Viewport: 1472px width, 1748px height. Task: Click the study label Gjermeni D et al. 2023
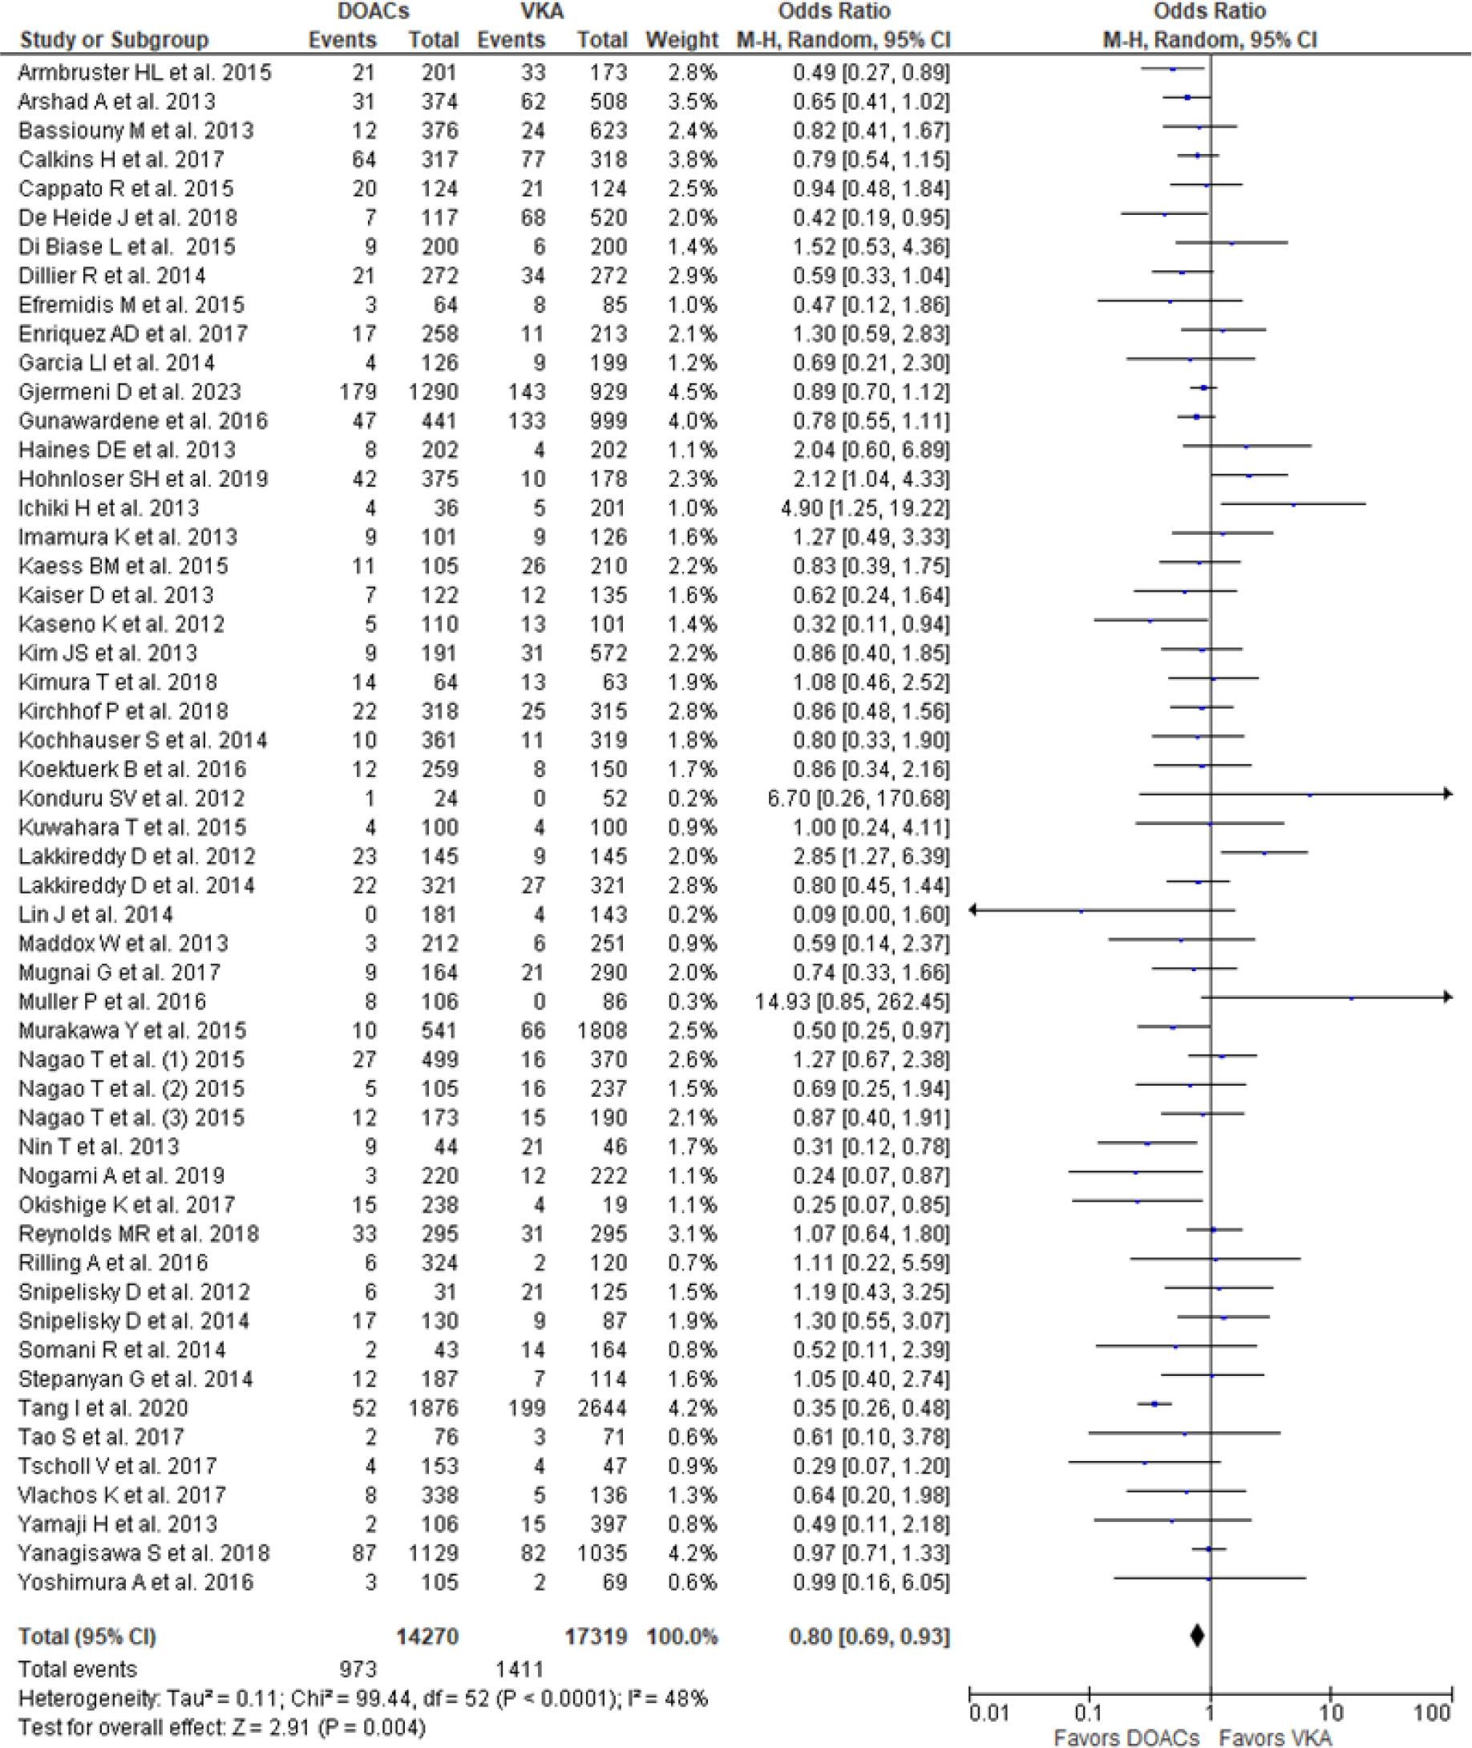(129, 391)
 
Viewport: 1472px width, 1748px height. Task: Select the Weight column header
(681, 39)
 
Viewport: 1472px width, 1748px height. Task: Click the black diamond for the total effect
(1197, 1637)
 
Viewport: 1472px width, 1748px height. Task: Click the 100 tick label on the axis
(1433, 1714)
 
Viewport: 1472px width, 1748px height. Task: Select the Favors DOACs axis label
(1126, 1738)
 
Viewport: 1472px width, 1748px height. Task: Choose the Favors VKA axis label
(1275, 1738)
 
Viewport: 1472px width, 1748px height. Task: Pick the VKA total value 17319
(595, 1637)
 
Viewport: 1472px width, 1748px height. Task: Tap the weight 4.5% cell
(692, 391)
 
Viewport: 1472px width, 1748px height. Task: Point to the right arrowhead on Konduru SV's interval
(1448, 795)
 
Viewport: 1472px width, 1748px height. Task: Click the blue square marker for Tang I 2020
(1155, 1404)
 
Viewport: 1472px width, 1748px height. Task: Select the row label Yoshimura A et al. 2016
(136, 1582)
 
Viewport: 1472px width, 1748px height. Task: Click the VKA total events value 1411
(520, 1669)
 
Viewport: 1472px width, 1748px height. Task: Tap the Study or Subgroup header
(114, 39)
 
